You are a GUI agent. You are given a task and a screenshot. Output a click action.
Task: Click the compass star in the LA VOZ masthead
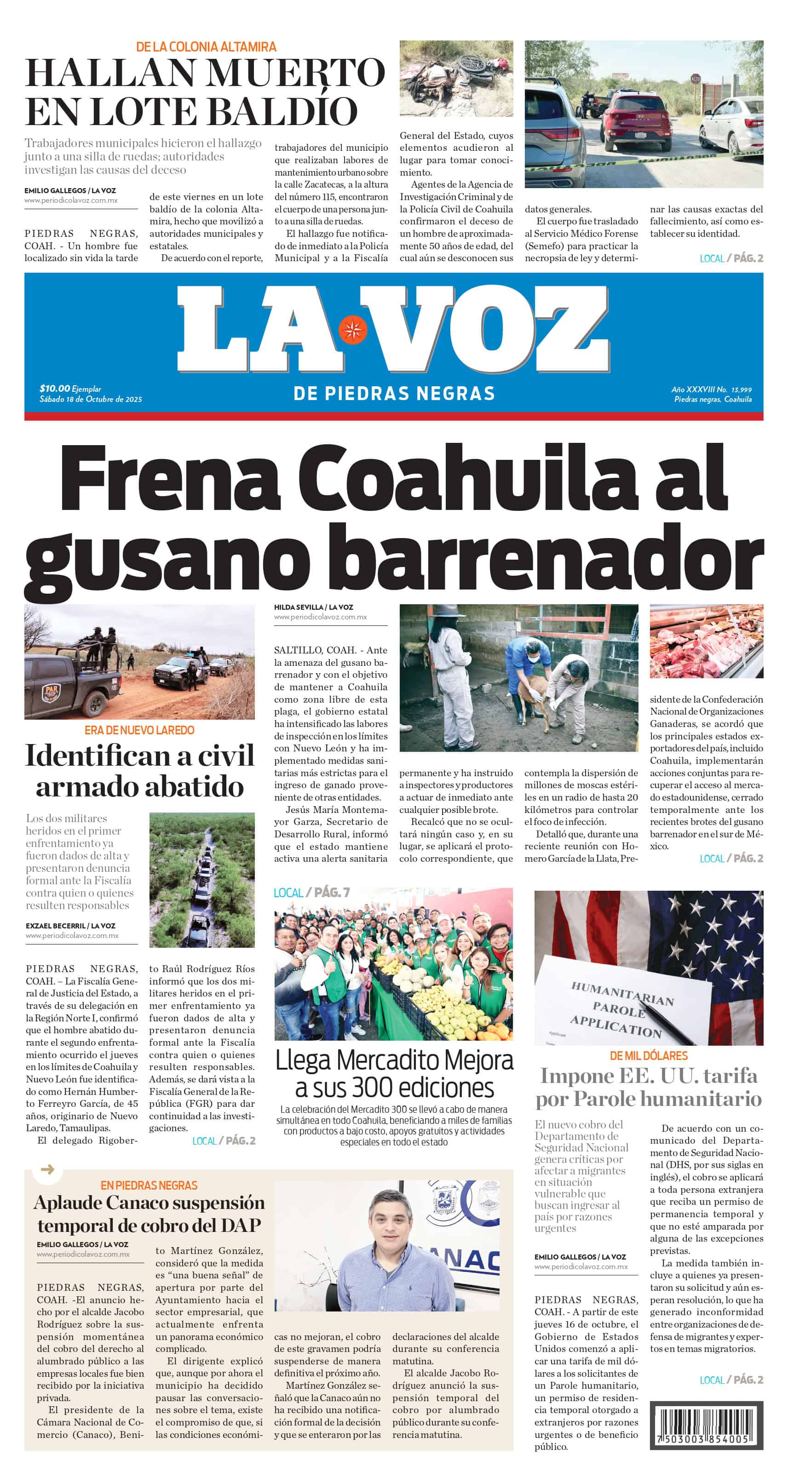[x=352, y=329]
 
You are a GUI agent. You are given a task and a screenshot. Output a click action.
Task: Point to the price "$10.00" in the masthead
[x=55, y=389]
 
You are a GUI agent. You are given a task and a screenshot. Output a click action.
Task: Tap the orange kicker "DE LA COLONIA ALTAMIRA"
[x=206, y=46]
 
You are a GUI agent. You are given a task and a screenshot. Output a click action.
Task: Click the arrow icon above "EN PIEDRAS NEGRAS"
[x=48, y=1169]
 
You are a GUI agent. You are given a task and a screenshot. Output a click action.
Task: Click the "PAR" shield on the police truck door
[x=50, y=693]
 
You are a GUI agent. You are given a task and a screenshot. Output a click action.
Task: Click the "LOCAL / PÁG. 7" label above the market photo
[x=311, y=893]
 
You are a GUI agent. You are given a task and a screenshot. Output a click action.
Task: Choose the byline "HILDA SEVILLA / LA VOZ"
[x=313, y=607]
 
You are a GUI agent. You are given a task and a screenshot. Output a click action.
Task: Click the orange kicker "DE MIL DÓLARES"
[x=649, y=1056]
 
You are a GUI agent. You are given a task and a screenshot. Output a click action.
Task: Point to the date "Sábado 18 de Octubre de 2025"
[x=91, y=399]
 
